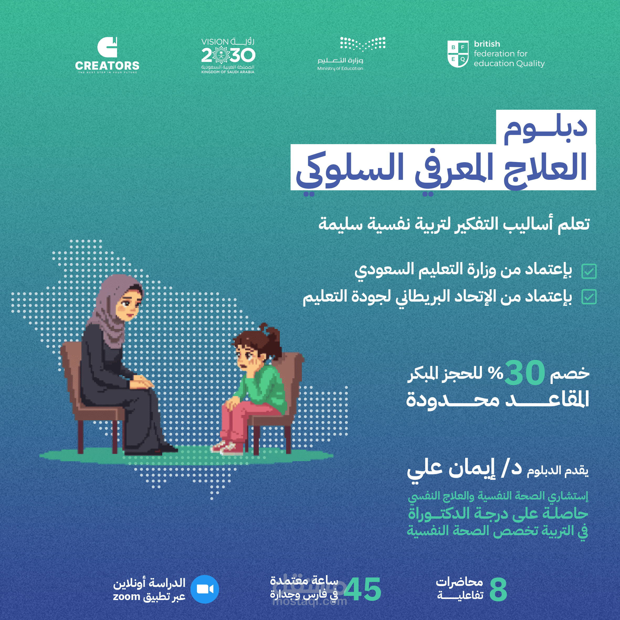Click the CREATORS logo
tap(107, 55)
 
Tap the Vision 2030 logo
tap(228, 56)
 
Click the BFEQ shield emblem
tap(458, 54)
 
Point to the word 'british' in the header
tap(487, 44)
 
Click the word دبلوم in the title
tap(545, 129)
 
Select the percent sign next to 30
tap(496, 373)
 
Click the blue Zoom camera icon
tap(205, 589)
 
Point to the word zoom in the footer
tap(127, 597)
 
